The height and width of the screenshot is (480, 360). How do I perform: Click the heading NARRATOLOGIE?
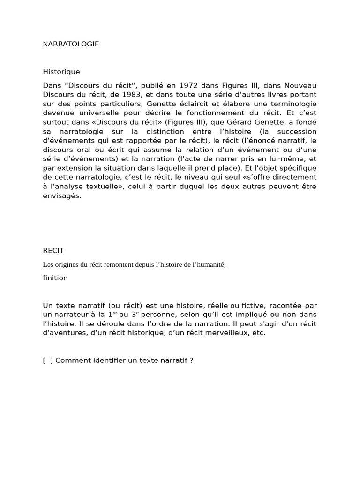[x=71, y=44]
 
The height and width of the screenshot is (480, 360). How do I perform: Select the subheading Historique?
[x=61, y=72]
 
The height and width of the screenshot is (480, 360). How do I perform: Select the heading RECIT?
[x=53, y=251]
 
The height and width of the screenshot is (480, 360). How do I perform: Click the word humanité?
[x=209, y=264]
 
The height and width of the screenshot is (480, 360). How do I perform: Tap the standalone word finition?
[x=55, y=277]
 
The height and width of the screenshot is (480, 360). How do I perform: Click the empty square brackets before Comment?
[x=47, y=360]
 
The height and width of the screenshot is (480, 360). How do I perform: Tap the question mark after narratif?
[x=192, y=360]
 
